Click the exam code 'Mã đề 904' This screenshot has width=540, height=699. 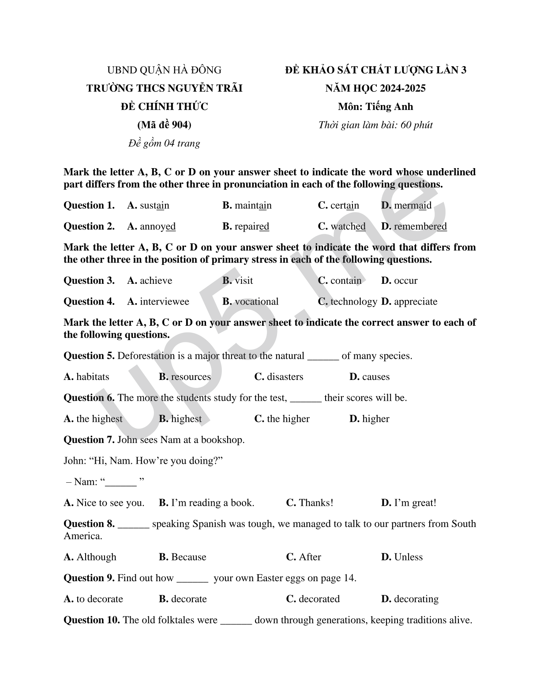[164, 125]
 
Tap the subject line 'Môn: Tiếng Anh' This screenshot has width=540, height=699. [375, 106]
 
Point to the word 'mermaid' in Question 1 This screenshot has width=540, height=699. [412, 206]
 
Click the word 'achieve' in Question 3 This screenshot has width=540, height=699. [156, 281]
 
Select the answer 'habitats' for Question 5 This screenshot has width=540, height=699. [93, 377]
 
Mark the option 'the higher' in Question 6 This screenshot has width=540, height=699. [288, 419]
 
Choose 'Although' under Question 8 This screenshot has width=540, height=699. [96, 557]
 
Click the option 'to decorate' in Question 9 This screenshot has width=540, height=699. [100, 599]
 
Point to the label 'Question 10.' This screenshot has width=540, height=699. [92, 620]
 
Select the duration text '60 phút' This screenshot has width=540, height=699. [416, 125]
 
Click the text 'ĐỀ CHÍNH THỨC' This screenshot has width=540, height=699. [164, 106]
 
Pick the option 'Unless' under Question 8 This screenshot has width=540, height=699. [408, 557]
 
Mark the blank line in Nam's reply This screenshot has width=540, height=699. [121, 482]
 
